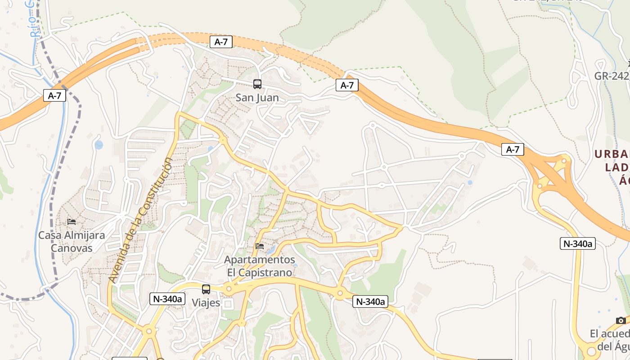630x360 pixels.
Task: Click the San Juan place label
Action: (257, 98)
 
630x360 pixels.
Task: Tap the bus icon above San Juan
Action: (257, 84)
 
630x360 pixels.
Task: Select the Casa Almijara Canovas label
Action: (72, 242)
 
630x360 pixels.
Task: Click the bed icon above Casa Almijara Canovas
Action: (72, 221)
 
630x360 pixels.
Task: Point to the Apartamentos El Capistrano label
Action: (260, 266)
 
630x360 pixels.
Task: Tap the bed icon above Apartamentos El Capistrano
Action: (260, 246)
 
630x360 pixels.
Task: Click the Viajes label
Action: (206, 303)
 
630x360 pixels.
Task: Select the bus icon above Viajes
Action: (206, 289)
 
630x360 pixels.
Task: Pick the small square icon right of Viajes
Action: (228, 304)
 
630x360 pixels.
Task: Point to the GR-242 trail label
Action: (612, 76)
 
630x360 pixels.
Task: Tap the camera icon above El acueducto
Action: (621, 320)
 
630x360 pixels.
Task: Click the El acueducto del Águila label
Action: (610, 341)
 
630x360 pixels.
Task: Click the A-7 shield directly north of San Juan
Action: (221, 42)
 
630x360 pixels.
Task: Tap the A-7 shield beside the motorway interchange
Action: (513, 149)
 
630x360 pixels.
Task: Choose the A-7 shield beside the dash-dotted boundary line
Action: (54, 95)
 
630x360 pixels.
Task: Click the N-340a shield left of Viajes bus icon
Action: (167, 298)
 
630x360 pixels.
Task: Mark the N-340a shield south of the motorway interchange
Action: (578, 243)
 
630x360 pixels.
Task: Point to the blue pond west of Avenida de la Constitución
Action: (99, 145)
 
